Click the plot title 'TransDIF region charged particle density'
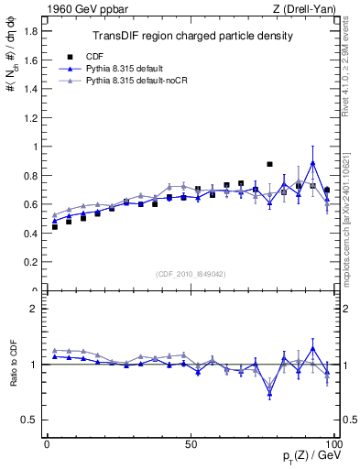(192, 36)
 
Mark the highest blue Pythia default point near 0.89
(313, 163)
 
